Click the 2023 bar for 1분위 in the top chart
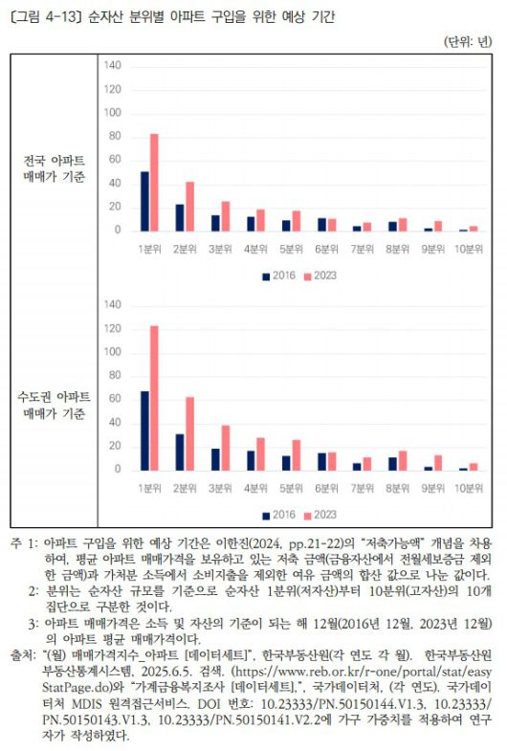pos(154,183)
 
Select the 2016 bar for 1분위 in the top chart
pos(144,201)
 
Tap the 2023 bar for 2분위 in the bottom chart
pos(189,433)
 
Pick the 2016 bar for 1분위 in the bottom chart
pos(144,431)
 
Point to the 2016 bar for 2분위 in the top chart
pos(180,217)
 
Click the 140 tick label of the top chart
pos(112,65)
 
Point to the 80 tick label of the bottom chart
pos(115,376)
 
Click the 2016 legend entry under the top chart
pos(278,276)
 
